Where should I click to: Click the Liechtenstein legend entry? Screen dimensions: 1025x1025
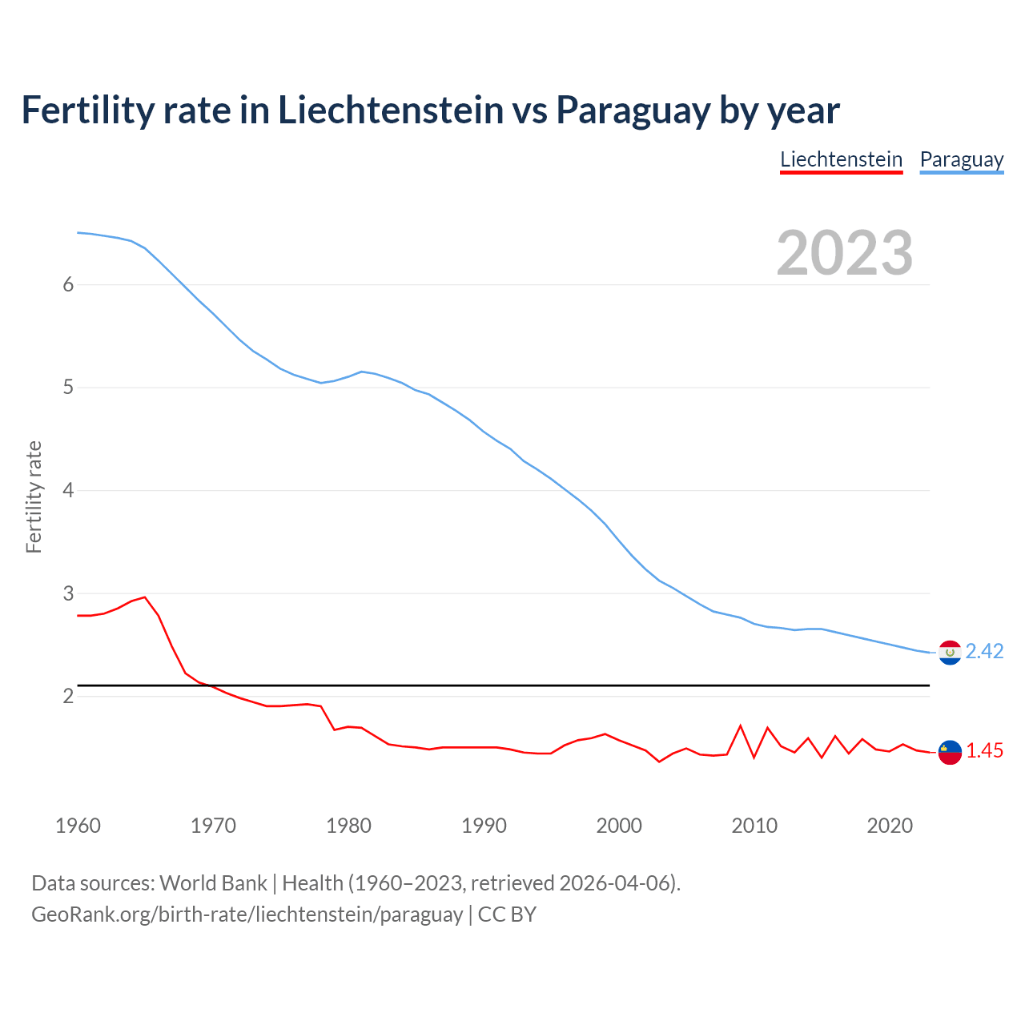coord(841,159)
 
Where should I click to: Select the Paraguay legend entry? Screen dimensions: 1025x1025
coord(961,159)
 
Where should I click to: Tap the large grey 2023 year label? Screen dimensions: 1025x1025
coord(845,253)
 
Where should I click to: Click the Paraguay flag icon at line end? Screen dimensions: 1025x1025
coord(950,653)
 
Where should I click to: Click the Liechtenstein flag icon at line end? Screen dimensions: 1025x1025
coord(950,752)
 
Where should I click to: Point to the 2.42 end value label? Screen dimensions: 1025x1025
coord(984,652)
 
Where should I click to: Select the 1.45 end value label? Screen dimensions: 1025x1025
coord(984,751)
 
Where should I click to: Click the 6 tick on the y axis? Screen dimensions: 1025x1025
coord(68,285)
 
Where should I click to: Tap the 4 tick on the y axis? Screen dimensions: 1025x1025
coord(68,490)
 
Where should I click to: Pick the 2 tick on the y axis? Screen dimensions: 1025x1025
coord(68,696)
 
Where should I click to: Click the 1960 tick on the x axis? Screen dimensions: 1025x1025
coord(78,826)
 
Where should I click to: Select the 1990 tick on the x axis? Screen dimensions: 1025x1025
coord(484,826)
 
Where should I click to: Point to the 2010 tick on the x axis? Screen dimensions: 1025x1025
coord(754,826)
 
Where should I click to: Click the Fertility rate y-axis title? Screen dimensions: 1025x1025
coord(34,496)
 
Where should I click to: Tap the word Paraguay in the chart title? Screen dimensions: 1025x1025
coord(633,111)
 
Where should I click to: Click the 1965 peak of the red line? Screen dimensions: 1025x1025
coord(145,597)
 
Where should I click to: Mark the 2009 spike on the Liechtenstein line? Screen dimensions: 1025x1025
coord(740,726)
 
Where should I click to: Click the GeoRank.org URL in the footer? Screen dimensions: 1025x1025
coord(247,914)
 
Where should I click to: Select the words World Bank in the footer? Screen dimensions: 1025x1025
coord(213,883)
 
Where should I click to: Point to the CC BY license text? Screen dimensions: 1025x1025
coord(507,914)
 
